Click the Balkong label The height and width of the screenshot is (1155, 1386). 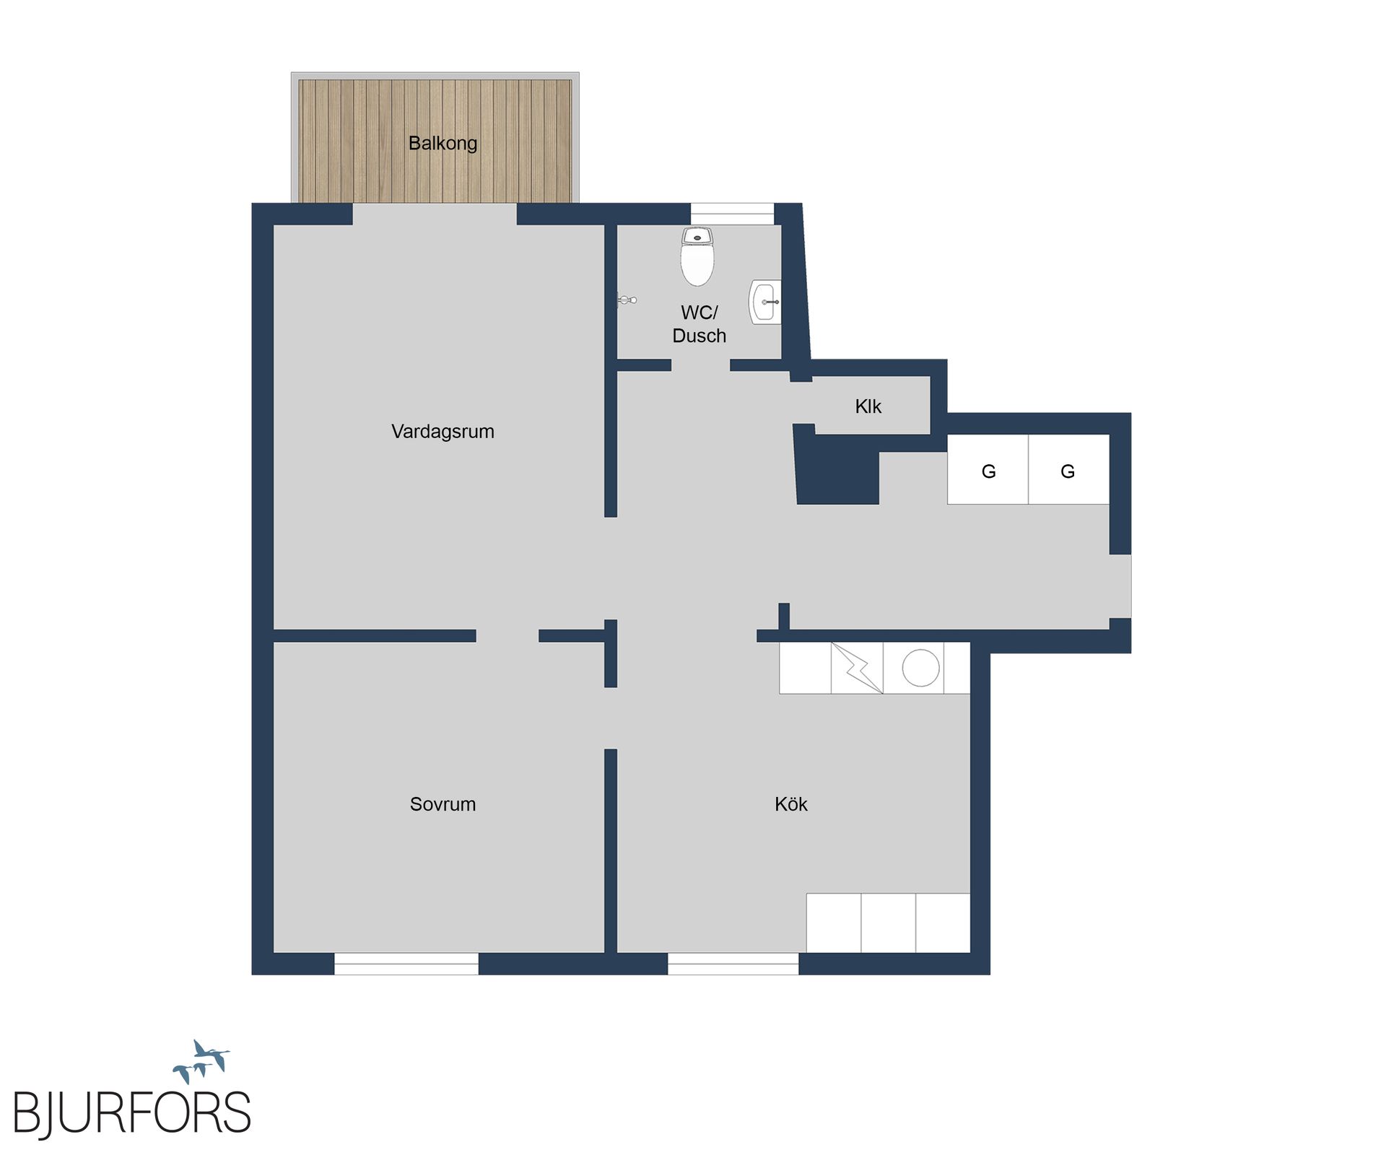click(443, 143)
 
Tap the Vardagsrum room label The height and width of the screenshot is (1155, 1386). click(443, 432)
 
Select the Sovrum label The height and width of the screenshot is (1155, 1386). click(443, 804)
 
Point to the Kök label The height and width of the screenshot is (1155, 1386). click(790, 804)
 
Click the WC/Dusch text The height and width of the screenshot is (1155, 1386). click(699, 324)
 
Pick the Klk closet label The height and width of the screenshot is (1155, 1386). click(868, 406)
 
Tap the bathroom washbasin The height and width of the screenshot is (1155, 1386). click(764, 302)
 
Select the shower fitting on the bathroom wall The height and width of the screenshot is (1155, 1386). click(627, 299)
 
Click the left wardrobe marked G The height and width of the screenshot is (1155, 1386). click(988, 470)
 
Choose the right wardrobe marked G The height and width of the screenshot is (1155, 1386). click(1068, 470)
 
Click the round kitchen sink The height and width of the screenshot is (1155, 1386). click(920, 668)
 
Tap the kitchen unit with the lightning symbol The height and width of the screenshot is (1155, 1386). click(857, 668)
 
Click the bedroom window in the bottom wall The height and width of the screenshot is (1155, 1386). click(406, 964)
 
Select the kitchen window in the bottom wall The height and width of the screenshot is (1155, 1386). click(733, 964)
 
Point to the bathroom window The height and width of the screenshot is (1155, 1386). click(732, 214)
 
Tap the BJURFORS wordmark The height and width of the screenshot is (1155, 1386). click(132, 1114)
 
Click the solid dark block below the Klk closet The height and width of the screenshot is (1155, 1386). click(837, 473)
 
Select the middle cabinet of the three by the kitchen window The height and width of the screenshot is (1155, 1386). click(888, 923)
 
